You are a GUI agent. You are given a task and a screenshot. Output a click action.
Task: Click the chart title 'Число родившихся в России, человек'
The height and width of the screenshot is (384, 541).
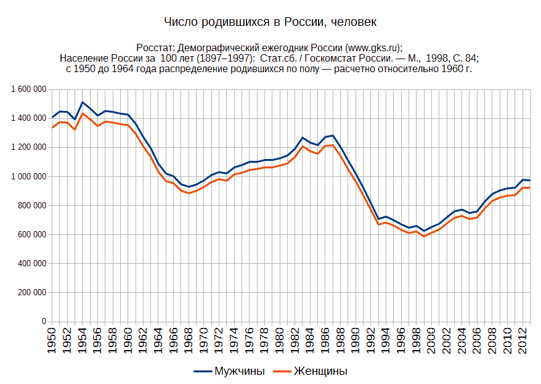270,22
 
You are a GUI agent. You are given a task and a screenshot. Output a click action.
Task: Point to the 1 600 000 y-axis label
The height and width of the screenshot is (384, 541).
29,89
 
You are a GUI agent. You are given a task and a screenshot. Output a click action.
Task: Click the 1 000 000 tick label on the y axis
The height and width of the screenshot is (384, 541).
29,176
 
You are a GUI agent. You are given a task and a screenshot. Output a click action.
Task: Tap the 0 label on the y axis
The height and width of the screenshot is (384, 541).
44,322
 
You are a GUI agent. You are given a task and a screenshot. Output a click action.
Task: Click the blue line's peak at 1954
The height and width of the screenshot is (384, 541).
83,102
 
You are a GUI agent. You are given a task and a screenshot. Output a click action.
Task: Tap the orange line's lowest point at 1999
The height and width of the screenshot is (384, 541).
424,236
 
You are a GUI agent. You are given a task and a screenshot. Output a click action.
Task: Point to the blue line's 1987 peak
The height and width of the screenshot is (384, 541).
333,136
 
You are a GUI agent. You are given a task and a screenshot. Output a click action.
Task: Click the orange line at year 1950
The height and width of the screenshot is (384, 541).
52,128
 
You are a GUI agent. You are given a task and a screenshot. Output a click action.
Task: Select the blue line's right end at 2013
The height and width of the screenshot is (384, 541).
530,181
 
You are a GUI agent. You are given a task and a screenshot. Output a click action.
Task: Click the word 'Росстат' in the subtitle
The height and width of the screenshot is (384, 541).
155,47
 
